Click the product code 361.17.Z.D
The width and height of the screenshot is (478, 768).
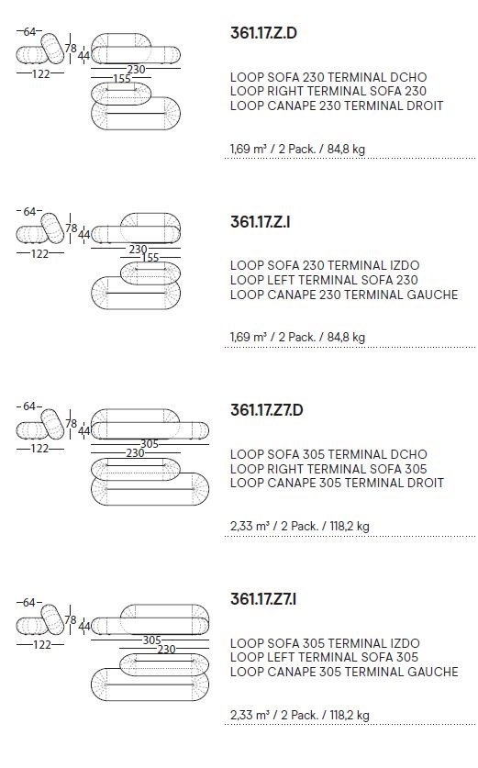pos(263,33)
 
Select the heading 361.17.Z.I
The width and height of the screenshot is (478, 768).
pos(260,222)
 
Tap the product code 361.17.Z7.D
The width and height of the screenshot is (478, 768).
pos(266,410)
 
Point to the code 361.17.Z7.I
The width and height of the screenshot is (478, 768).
pos(263,599)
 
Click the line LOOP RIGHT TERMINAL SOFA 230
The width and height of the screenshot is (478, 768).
pos(328,91)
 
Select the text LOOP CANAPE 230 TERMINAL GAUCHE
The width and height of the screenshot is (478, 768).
pos(344,295)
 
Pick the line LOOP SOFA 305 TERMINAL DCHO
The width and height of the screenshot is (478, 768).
pos(328,454)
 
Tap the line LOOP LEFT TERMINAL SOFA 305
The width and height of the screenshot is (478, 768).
pos(324,657)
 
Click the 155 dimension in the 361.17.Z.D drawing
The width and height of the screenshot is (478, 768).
pos(122,78)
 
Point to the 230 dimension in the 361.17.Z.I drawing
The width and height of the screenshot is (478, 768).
pos(139,250)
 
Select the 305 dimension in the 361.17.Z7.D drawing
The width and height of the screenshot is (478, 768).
pos(150,444)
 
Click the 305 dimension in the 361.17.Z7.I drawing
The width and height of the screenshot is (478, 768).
pos(151,640)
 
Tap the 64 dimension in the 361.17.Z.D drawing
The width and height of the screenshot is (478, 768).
pos(29,32)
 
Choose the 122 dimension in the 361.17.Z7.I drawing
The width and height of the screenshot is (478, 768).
pos(41,644)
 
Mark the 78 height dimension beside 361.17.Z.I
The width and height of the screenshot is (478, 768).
pos(72,228)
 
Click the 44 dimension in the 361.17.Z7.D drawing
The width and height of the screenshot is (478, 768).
pos(84,431)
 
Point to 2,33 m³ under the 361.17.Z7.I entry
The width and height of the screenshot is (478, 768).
pos(250,715)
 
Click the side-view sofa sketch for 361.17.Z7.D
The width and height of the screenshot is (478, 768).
pos(40,425)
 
